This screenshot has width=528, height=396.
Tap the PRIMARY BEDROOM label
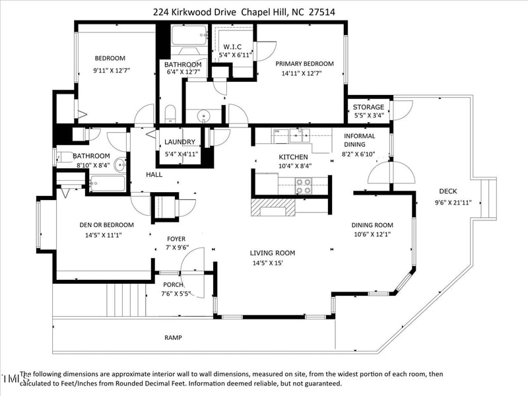point(304,63)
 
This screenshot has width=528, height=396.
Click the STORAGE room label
point(368,107)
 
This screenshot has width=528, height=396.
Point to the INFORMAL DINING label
point(360,140)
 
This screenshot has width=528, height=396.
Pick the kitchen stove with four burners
point(303,186)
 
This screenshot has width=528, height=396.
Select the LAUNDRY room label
point(180,142)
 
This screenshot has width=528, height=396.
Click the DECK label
point(448,191)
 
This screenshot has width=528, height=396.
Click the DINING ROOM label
point(372,225)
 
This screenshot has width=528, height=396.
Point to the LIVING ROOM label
point(272,253)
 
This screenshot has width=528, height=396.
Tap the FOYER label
point(175,239)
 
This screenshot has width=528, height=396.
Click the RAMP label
point(173,337)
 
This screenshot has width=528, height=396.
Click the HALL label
point(154,174)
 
